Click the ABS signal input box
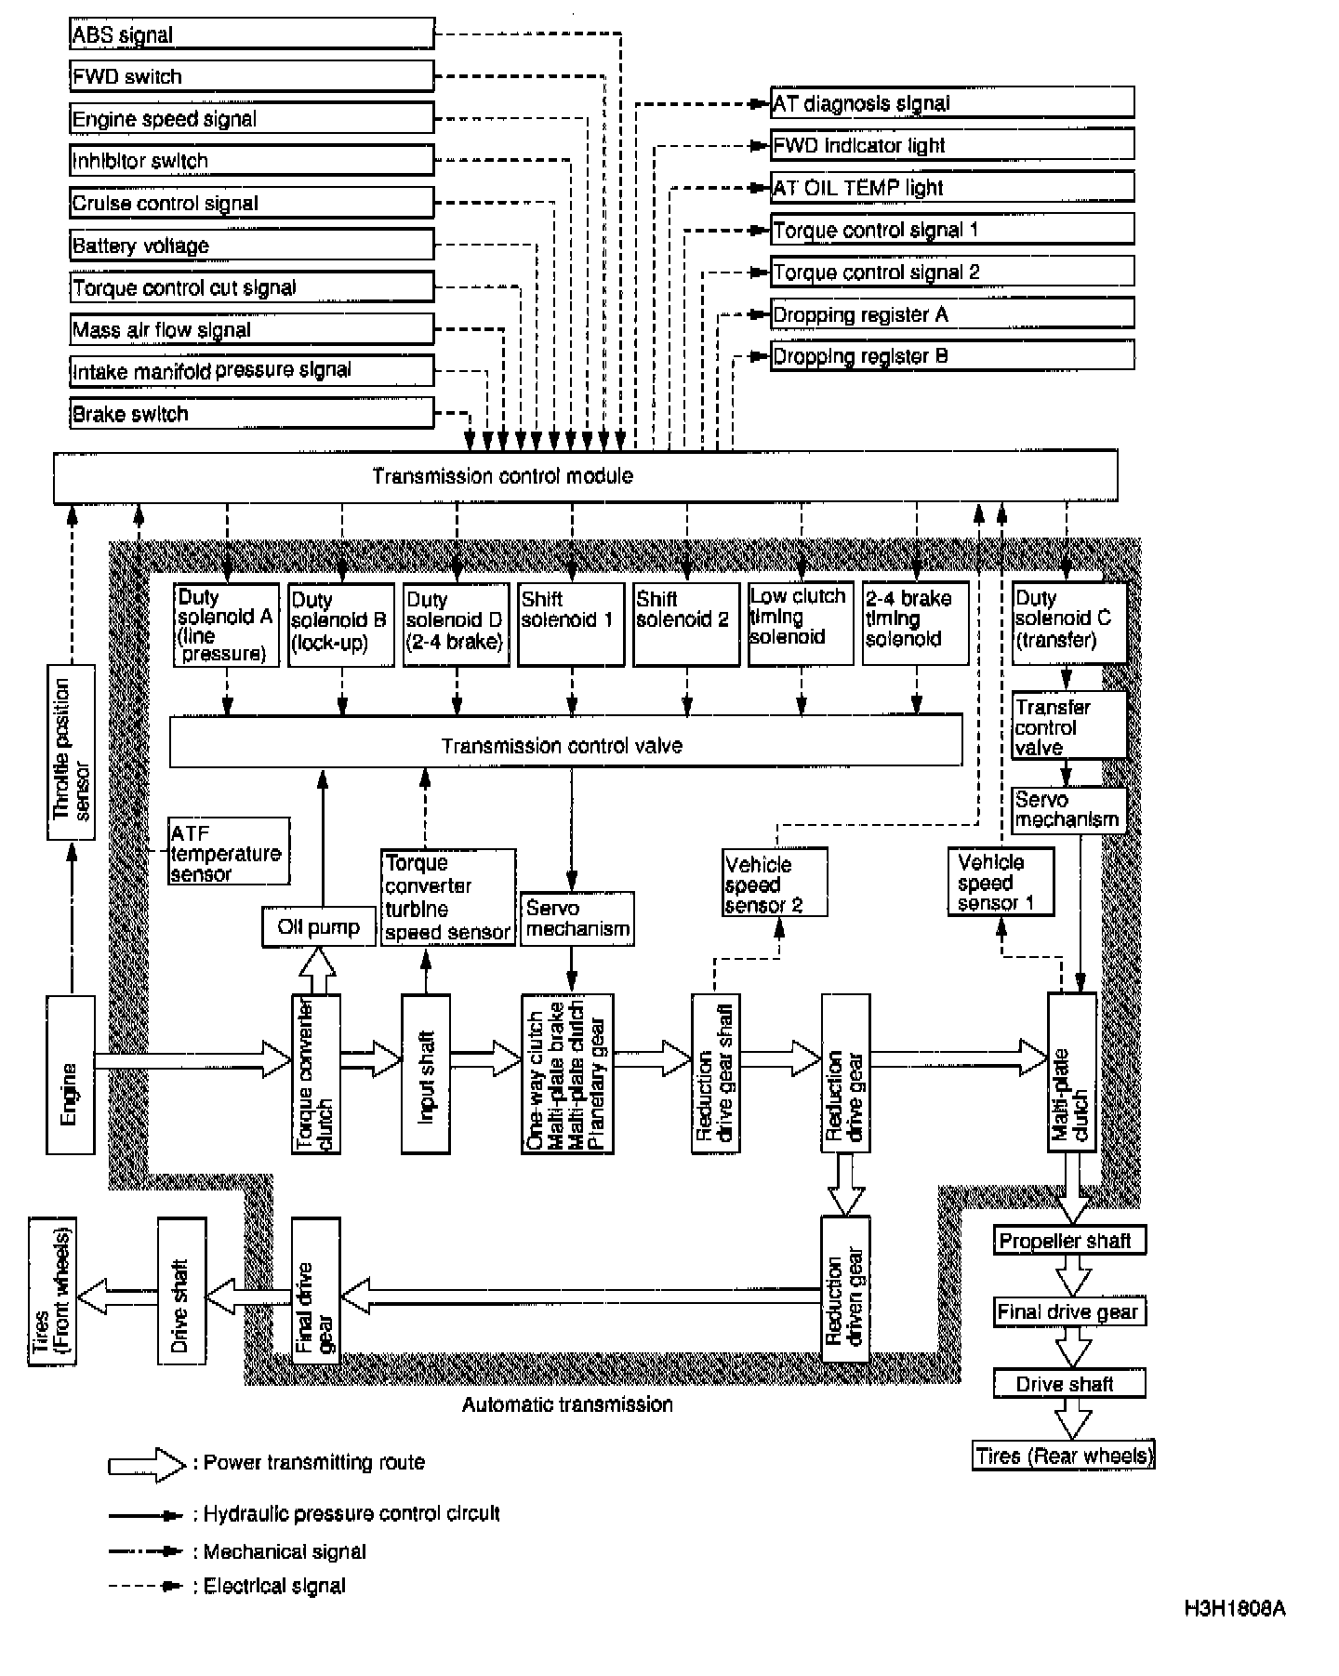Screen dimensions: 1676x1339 (x=251, y=34)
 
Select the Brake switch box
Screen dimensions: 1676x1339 (x=251, y=413)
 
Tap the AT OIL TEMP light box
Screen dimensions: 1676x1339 (x=951, y=187)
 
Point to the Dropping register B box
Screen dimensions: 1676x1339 (x=951, y=356)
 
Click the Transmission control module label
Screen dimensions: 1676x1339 (x=502, y=476)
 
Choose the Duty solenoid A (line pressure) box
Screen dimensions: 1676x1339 (x=226, y=624)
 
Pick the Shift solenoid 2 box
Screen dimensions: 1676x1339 (x=685, y=624)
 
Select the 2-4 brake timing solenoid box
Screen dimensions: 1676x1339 (x=915, y=624)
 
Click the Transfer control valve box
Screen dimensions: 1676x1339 (x=1068, y=725)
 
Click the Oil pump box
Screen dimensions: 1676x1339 (x=319, y=927)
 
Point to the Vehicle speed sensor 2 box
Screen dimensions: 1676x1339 (x=775, y=883)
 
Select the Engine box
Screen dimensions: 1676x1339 (x=70, y=1074)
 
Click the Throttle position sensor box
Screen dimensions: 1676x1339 (x=72, y=752)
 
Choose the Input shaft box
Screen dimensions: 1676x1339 (x=426, y=1074)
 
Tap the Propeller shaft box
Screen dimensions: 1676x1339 (x=1068, y=1240)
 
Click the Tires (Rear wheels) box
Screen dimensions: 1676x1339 (x=1064, y=1456)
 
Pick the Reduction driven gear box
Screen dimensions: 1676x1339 (x=845, y=1288)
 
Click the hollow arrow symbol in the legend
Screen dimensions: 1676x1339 (x=147, y=1464)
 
